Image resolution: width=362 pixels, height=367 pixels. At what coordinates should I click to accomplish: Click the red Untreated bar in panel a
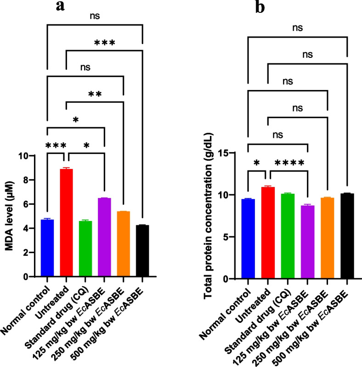pyautogui.click(x=66, y=223)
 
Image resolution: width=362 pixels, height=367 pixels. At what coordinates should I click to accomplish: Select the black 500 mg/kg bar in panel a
pyautogui.click(x=142, y=251)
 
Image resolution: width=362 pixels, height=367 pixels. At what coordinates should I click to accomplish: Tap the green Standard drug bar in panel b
pyautogui.click(x=288, y=236)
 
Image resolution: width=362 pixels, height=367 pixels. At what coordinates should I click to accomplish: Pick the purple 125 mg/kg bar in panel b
pyautogui.click(x=308, y=242)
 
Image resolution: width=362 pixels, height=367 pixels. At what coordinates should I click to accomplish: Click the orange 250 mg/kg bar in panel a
pyautogui.click(x=124, y=244)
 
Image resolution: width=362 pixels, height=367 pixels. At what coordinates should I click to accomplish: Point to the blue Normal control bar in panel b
pyautogui.click(x=248, y=239)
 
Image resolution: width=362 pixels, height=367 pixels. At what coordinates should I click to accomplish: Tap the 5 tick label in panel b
pyautogui.click(x=226, y=237)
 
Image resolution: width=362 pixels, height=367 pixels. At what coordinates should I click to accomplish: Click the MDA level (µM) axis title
pyautogui.click(x=9, y=216)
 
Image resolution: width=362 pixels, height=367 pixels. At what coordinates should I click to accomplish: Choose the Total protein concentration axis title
pyautogui.click(x=208, y=216)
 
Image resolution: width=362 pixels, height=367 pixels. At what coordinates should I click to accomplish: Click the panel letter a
pyautogui.click(x=60, y=6)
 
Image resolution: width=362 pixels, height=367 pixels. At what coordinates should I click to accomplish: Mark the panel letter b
pyautogui.click(x=260, y=7)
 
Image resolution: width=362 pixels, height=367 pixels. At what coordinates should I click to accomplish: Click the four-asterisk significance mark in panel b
pyautogui.click(x=289, y=163)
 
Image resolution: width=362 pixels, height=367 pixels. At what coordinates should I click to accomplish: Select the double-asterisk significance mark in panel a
pyautogui.click(x=95, y=94)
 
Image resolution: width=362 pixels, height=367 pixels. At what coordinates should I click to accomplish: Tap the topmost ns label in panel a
pyautogui.click(x=95, y=16)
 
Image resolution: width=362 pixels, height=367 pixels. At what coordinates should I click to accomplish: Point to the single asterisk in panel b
pyautogui.click(x=257, y=163)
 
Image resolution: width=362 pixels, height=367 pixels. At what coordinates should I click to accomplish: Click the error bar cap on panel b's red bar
pyautogui.click(x=268, y=186)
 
